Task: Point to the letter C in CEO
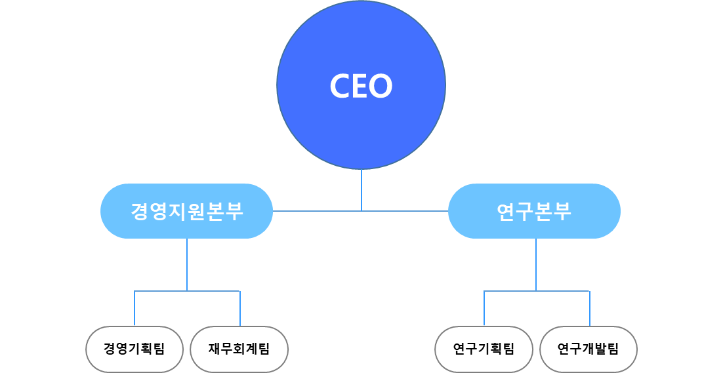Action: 341,86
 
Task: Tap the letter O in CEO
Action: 381,86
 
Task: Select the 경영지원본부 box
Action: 186,211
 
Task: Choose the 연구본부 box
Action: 534,211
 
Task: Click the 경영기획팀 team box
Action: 134,349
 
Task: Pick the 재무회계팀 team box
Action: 239,349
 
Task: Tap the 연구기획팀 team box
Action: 484,349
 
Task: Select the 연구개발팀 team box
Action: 589,349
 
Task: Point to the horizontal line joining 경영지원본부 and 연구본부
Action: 315,211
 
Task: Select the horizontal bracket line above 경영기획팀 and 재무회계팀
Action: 161,291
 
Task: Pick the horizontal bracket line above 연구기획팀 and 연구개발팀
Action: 510,291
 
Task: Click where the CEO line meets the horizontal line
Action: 361,211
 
